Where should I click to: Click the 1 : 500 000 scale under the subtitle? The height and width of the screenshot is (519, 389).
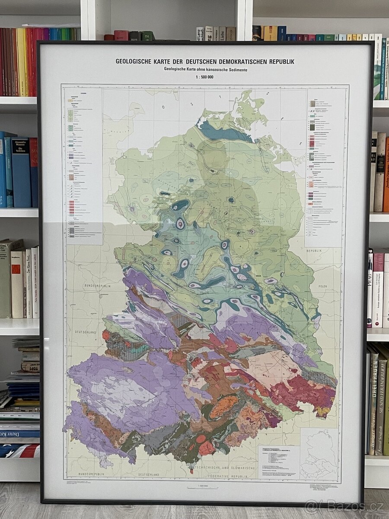(204, 77)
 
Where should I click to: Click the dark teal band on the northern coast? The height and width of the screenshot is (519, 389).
(225, 132)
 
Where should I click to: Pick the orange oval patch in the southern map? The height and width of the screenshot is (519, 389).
(223, 407)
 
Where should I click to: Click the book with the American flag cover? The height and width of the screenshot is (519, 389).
(19, 450)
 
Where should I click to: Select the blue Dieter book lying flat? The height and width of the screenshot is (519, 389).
(19, 433)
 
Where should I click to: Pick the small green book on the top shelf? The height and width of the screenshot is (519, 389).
(147, 35)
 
